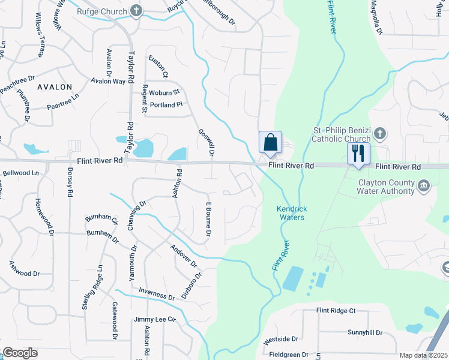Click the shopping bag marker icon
(x=270, y=143)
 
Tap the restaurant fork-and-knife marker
(x=359, y=153)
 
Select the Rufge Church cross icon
(x=136, y=11)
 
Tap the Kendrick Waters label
(x=292, y=212)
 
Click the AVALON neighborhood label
(x=55, y=87)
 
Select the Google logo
(x=20, y=353)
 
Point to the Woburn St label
(x=164, y=92)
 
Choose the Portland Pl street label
(x=166, y=104)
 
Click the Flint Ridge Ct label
(x=336, y=311)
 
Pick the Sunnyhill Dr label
(x=364, y=332)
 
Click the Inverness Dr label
(x=157, y=294)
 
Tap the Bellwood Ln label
(x=20, y=173)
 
